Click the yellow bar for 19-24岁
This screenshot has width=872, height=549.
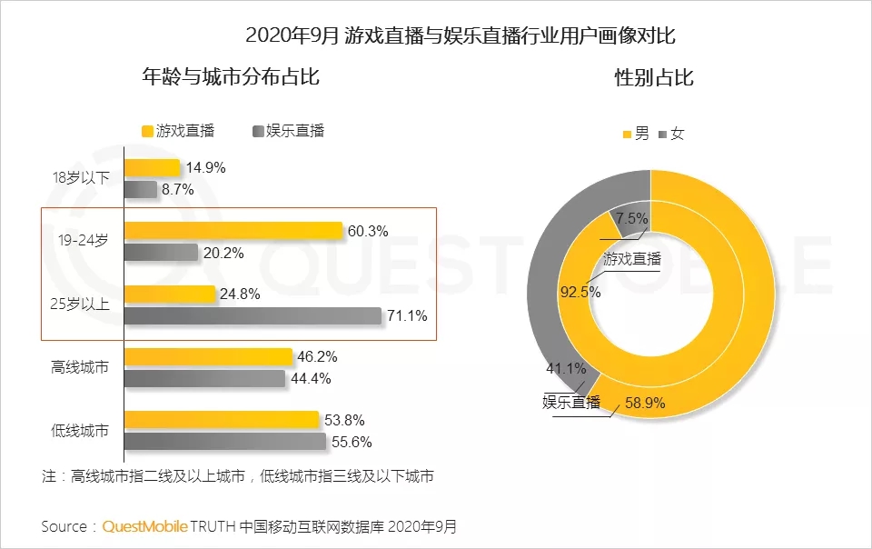[233, 232]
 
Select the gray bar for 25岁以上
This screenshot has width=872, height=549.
[253, 316]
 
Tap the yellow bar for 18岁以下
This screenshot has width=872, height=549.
[153, 167]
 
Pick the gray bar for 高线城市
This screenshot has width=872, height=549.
[204, 378]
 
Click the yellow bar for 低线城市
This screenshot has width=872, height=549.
[222, 420]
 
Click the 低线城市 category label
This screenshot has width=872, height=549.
[80, 431]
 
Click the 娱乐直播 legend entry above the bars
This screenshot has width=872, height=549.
[288, 130]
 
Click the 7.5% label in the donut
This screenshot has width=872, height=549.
[631, 218]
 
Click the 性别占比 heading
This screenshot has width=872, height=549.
[654, 78]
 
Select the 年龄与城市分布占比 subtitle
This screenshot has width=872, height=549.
[231, 77]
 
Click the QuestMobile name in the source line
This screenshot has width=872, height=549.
[145, 527]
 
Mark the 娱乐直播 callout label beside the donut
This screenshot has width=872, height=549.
[571, 403]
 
